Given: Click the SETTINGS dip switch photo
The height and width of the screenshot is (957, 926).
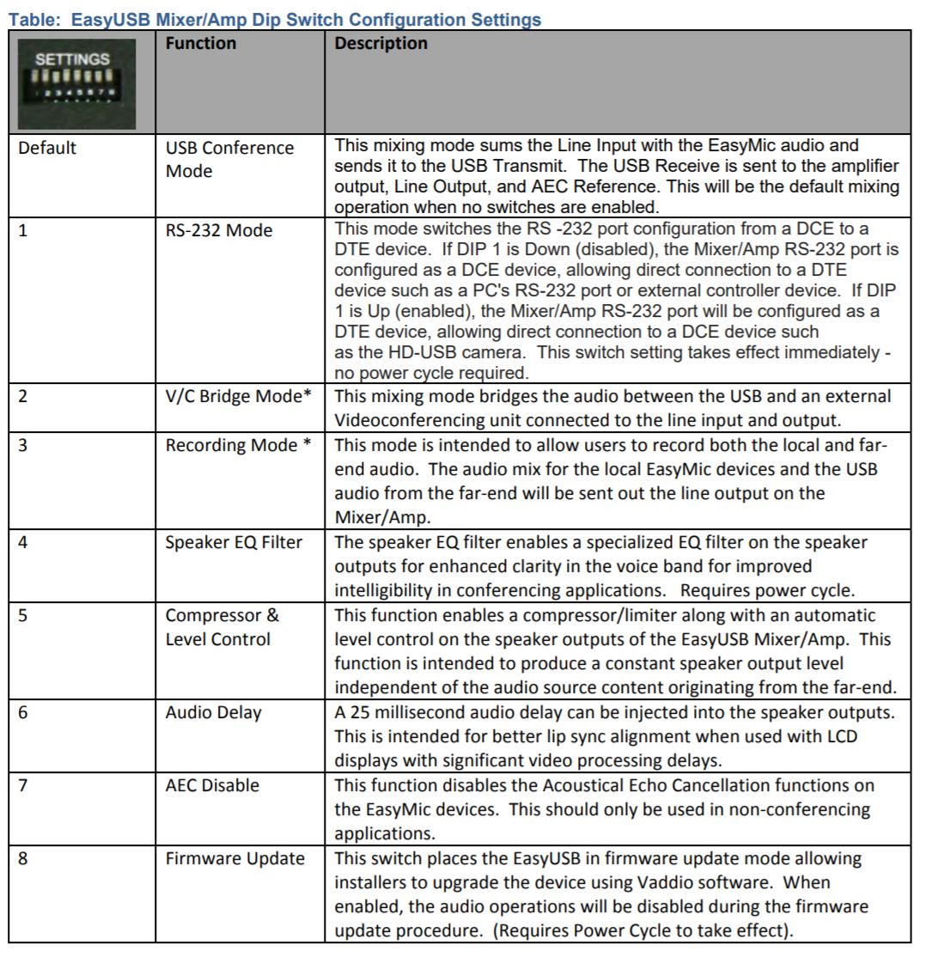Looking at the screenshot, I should pyautogui.click(x=80, y=82).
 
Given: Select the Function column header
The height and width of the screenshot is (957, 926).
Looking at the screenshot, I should pyautogui.click(x=200, y=44).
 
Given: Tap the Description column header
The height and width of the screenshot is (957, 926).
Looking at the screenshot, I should pyautogui.click(x=381, y=44).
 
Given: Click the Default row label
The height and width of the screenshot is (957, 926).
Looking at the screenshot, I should pyautogui.click(x=47, y=148).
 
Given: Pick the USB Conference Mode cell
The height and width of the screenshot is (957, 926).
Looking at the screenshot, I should pyautogui.click(x=229, y=160).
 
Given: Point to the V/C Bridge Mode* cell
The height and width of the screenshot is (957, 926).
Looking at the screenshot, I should pyautogui.click(x=236, y=396).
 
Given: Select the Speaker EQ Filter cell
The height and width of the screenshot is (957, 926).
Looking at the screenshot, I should pyautogui.click(x=233, y=542).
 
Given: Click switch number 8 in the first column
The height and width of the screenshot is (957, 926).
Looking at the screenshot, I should pyautogui.click(x=24, y=859).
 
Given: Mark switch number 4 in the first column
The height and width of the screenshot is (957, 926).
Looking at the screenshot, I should pyautogui.click(x=24, y=542).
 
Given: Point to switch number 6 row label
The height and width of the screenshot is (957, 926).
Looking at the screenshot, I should pyautogui.click(x=24, y=713).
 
